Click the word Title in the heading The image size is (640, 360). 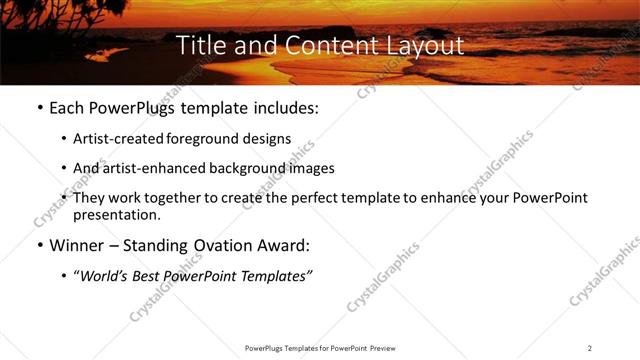pyautogui.click(x=200, y=46)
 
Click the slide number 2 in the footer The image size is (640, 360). pyautogui.click(x=590, y=347)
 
